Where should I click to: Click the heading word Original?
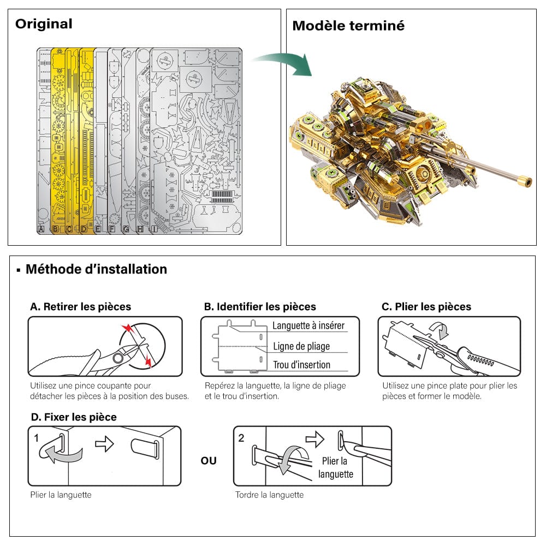44,24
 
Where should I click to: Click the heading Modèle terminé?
348,26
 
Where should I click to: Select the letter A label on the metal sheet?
41,230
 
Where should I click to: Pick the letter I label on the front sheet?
155,230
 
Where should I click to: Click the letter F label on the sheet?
112,230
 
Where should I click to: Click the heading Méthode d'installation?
96,269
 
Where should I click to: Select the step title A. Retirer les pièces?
80,307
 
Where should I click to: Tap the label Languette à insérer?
308,326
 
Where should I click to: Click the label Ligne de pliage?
301,346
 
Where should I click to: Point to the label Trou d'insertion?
301,365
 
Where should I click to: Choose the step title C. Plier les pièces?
426,307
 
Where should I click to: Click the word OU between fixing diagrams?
209,461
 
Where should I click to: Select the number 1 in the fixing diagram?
37,438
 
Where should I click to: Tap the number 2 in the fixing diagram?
242,438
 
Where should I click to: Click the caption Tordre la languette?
269,495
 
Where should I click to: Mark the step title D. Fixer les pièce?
73,417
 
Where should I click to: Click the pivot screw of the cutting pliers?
117,358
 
